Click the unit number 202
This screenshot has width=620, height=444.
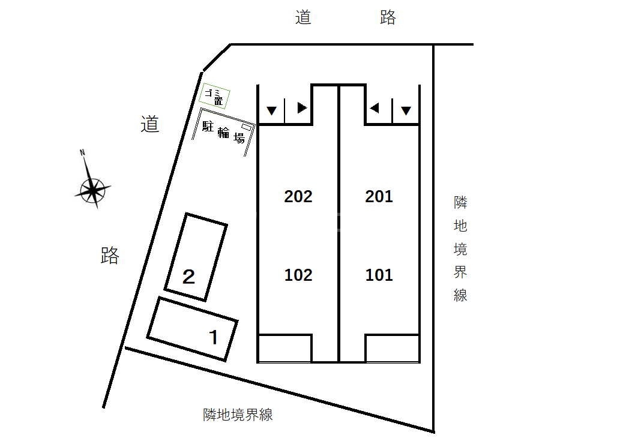(298, 196)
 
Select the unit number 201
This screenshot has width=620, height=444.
(379, 196)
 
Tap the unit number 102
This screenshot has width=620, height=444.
(298, 275)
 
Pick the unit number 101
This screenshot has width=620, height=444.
(379, 275)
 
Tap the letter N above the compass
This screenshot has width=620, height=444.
(82, 152)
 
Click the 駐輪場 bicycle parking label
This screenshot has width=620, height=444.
(223, 133)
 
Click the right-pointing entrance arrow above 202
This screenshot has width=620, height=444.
(302, 108)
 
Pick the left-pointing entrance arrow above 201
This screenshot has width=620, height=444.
(374, 108)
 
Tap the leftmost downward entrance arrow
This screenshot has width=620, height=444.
(272, 110)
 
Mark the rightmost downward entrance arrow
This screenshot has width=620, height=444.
(406, 110)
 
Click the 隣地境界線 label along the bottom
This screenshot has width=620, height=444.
(238, 415)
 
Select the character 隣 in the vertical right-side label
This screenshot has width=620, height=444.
(461, 202)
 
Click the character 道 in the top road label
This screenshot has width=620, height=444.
(303, 17)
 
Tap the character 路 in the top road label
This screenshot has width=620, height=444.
(388, 17)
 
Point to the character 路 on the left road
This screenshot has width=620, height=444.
(110, 256)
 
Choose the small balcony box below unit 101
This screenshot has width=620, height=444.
(393, 349)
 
